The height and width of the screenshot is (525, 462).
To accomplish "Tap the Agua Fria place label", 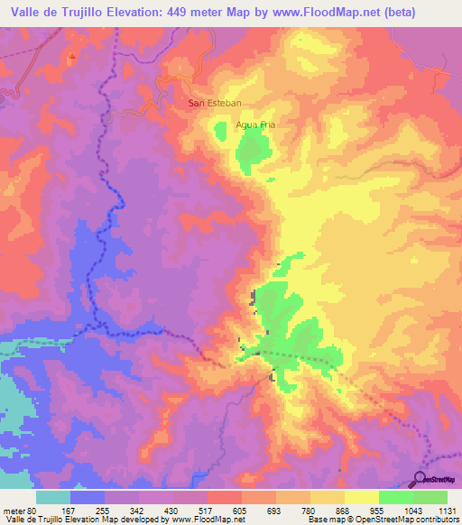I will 254,124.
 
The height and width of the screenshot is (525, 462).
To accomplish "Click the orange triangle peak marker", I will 71,56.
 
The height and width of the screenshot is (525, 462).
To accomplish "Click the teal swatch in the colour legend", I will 53,497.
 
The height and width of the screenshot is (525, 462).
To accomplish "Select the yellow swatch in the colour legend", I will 362,497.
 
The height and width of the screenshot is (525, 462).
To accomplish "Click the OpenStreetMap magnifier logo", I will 420,478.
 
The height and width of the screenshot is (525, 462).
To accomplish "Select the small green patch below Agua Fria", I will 222,134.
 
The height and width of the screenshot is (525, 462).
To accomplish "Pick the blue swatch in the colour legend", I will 88,497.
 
